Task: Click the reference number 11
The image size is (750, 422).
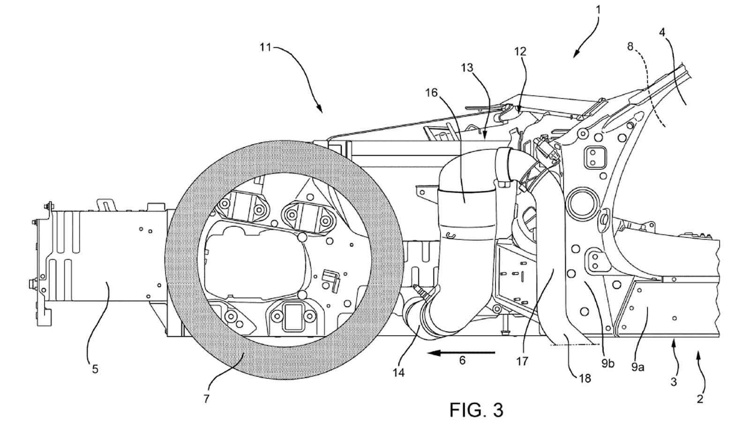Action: (x=266, y=47)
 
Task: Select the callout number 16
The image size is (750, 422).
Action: (x=431, y=92)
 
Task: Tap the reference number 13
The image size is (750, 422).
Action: (x=467, y=68)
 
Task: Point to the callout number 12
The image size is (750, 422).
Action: (x=521, y=51)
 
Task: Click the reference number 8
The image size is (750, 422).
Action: (x=630, y=46)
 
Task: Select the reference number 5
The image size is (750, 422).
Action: (x=95, y=369)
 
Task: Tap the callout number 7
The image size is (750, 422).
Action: (x=207, y=399)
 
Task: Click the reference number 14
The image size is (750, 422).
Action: (x=399, y=373)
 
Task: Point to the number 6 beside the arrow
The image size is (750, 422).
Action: (x=462, y=361)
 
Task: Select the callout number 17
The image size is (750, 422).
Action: (x=522, y=361)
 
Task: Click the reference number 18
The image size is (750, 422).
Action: (x=585, y=377)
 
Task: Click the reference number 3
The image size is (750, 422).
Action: (x=674, y=382)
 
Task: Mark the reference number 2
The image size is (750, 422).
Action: (x=700, y=399)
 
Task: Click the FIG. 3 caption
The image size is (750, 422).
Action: (x=476, y=410)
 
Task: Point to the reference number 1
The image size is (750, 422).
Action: (x=599, y=9)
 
